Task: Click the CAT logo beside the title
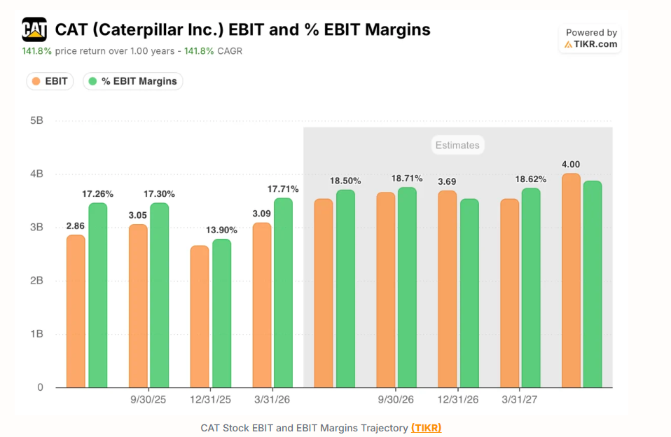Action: click(x=34, y=29)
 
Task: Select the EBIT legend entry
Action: click(x=50, y=81)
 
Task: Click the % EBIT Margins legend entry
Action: click(x=133, y=81)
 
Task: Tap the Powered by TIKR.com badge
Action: click(x=590, y=39)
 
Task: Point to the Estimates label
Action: click(x=457, y=145)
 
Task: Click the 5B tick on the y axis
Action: click(x=37, y=120)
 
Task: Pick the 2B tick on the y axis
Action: click(x=37, y=281)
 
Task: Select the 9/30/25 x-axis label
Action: click(x=148, y=400)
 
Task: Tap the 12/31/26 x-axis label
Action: click(x=458, y=400)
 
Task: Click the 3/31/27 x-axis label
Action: click(x=520, y=400)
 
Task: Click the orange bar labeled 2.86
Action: click(x=76, y=311)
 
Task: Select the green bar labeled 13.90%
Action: click(x=221, y=313)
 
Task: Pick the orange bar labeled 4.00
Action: click(x=572, y=280)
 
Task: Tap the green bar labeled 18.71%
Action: click(x=407, y=287)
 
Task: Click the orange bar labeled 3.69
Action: click(x=447, y=289)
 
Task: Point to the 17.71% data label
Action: click(x=283, y=189)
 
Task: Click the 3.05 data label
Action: click(x=138, y=215)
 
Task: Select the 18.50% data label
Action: click(x=345, y=181)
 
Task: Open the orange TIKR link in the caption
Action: click(x=427, y=428)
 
